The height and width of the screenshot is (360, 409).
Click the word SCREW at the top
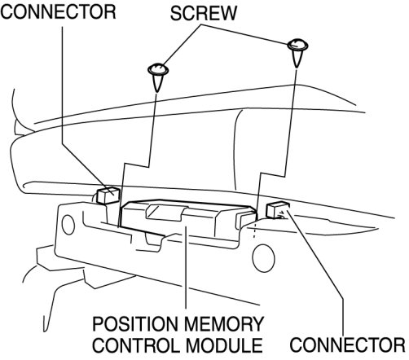pyautogui.click(x=204, y=13)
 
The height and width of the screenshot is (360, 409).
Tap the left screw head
pyautogui.click(x=158, y=69)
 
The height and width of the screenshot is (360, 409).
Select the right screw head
pyautogui.click(x=297, y=45)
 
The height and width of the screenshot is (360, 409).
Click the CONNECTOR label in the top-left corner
pyautogui.click(x=58, y=11)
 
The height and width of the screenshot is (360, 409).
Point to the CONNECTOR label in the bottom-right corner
pyautogui.click(x=347, y=345)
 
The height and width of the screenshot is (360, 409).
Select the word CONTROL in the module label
pyautogui.click(x=136, y=345)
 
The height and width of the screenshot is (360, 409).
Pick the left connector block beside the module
pyautogui.click(x=108, y=195)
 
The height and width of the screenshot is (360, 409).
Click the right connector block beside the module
pyautogui.click(x=278, y=209)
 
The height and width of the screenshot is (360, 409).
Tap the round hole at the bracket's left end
pyautogui.click(x=68, y=225)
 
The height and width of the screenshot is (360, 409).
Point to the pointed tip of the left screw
pyautogui.click(x=157, y=92)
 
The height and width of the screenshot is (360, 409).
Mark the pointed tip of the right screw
pyautogui.click(x=297, y=68)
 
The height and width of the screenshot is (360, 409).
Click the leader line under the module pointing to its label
pyautogui.click(x=186, y=267)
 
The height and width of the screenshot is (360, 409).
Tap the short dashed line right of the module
pyautogui.click(x=254, y=230)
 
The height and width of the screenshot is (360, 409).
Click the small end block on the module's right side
pyautogui.click(x=246, y=219)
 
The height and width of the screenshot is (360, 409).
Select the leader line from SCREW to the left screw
pyautogui.click(x=182, y=45)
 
